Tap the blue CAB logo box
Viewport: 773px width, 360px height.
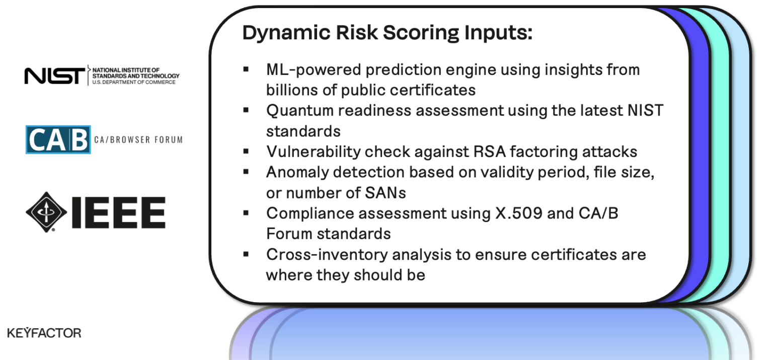pyautogui.click(x=58, y=139)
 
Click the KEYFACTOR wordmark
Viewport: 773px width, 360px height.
pyautogui.click(x=44, y=333)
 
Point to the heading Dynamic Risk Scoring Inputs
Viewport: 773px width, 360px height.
pyautogui.click(x=387, y=33)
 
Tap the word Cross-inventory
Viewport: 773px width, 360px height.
pyautogui.click(x=327, y=254)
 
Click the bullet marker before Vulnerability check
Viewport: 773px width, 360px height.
pyautogui.click(x=246, y=151)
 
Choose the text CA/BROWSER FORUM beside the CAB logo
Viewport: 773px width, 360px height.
pyautogui.click(x=138, y=139)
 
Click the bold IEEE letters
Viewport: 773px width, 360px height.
pyautogui.click(x=119, y=212)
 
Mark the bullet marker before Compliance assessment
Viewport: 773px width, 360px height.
pyautogui.click(x=246, y=213)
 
